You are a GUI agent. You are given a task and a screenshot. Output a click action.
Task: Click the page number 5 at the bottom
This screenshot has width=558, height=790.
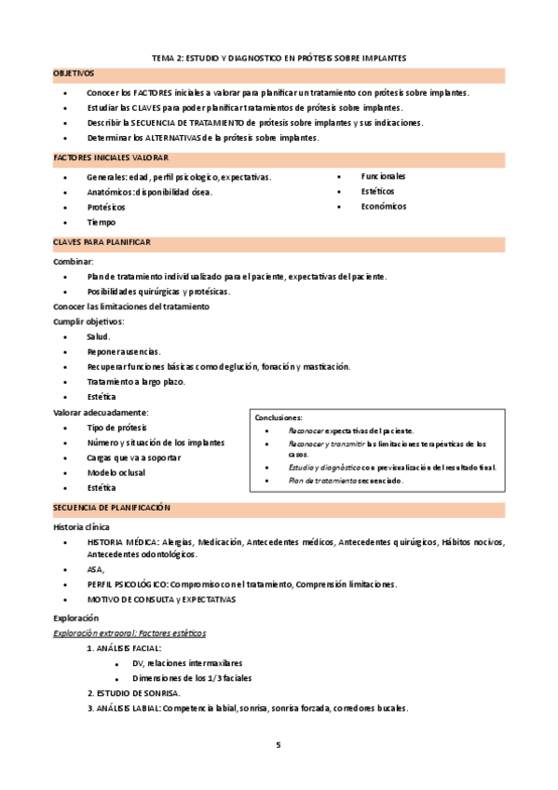pos(279,745)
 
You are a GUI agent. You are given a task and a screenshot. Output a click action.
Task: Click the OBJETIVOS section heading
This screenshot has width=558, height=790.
pos(74,73)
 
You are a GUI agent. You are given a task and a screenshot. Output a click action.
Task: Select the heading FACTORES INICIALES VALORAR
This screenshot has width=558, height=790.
pos(111,158)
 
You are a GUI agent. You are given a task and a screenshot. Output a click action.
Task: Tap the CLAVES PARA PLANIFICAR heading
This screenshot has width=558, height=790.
pos(102,242)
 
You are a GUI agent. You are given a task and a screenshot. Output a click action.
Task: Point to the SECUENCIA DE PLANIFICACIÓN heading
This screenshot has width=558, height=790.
pos(113,507)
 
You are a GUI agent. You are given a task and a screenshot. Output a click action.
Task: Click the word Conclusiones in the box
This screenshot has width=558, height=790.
pos(279,418)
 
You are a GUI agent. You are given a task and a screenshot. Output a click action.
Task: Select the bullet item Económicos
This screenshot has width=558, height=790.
pos(384,207)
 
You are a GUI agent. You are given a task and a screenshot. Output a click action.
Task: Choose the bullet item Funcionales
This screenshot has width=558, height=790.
pos(383,176)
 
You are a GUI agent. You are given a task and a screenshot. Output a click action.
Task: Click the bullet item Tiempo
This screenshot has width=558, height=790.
pos(102,223)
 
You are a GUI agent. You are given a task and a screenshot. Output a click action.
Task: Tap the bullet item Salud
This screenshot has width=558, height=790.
pos(99,336)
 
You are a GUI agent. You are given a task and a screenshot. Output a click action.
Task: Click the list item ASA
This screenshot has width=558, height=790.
pos(96,569)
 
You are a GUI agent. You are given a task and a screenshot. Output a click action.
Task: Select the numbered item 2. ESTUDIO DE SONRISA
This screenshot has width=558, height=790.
pos(134,693)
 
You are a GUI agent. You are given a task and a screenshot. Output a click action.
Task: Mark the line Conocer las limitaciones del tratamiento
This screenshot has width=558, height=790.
pos(131,306)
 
